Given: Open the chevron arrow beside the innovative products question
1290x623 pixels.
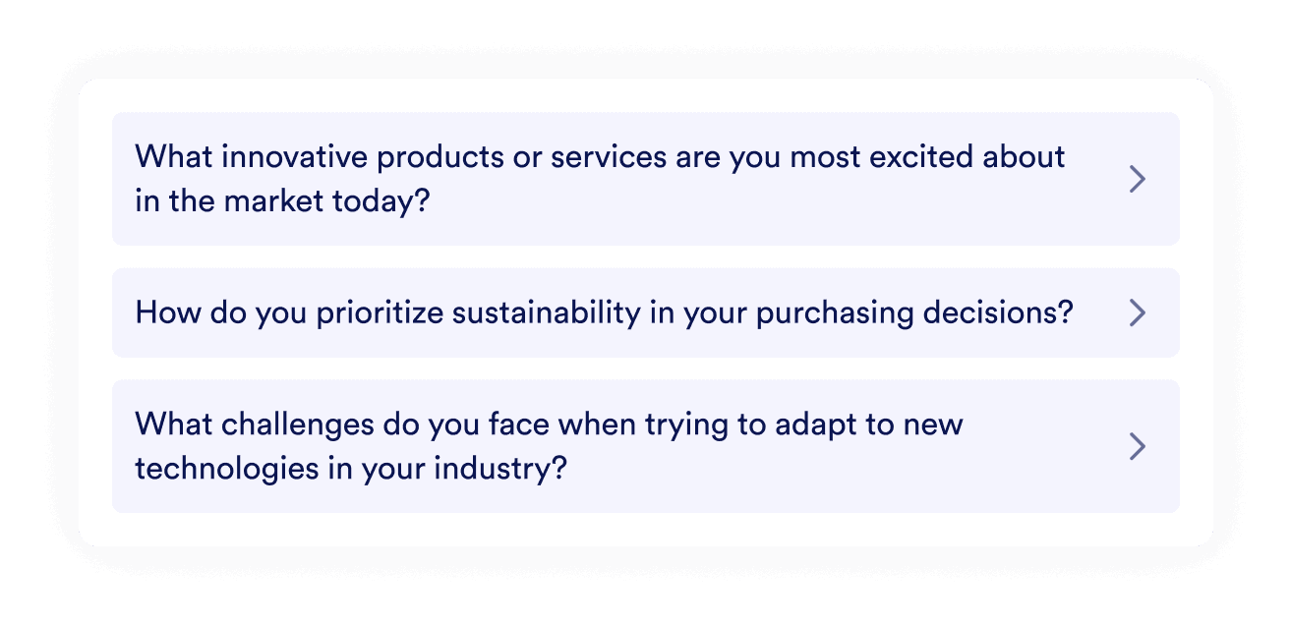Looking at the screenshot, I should [1138, 179].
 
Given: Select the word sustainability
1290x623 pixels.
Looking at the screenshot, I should [539, 313].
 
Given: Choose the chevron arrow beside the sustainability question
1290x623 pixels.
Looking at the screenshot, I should [1138, 313].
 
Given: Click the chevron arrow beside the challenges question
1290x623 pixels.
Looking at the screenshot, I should [1138, 447].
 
